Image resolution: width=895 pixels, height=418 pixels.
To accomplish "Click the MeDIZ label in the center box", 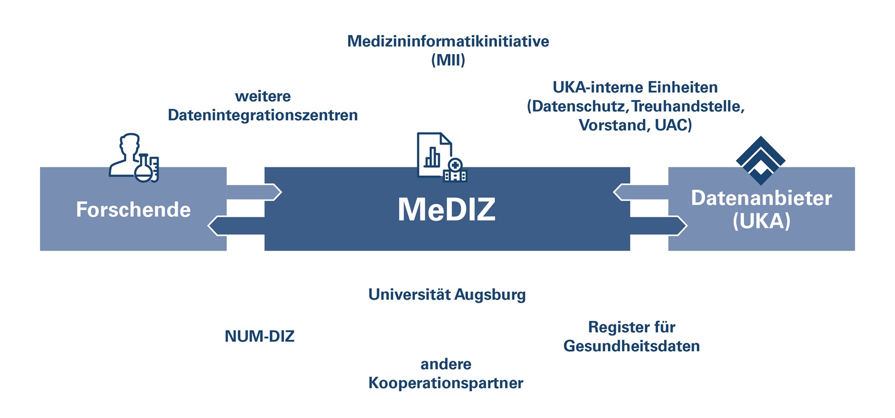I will coord(446,209).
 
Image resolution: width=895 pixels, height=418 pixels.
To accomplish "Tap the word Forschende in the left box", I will coord(133,210).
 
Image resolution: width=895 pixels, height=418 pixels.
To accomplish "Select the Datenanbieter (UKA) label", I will coord(761,209).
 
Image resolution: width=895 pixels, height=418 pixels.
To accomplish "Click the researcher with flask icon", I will coord(134,158).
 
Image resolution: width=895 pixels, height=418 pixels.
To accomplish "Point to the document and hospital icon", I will coord(441,157).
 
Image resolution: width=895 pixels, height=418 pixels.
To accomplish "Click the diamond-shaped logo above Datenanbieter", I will coord(761,160).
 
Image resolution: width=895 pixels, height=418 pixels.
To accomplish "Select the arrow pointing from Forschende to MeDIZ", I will coord(253,192).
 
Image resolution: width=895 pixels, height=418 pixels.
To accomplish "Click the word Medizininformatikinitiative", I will coord(448,41).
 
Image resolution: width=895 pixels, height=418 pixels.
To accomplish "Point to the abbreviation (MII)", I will coord(448,60).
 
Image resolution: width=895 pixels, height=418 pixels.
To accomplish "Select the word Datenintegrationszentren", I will coord(262,115).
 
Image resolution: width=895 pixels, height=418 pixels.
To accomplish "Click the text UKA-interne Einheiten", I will coord(635,87).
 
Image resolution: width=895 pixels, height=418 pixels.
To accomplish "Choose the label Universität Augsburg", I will coord(447,294).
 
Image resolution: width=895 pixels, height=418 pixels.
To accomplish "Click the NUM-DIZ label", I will coord(259,336).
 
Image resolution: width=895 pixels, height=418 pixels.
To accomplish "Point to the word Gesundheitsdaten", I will coord(631,346).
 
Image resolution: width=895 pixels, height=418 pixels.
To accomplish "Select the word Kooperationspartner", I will coord(446,383).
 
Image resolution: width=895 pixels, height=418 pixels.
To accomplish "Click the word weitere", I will coord(263,96).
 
